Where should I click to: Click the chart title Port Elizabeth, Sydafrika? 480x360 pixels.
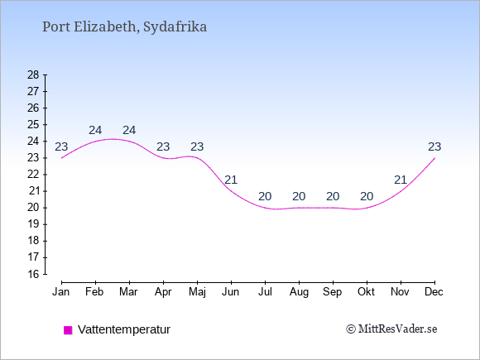(x=125, y=27)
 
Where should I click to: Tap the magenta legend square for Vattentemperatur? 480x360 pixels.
(x=68, y=330)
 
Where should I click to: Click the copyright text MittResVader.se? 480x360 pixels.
(x=391, y=329)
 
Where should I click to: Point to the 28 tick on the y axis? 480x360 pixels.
(x=33, y=74)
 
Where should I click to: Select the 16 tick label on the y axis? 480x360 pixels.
(x=33, y=274)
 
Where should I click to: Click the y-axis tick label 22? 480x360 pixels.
(x=33, y=175)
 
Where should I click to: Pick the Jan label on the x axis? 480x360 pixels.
(x=61, y=292)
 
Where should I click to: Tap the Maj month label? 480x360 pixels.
(x=197, y=292)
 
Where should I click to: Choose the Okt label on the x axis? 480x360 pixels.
(x=366, y=292)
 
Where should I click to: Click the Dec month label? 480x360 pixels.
(x=434, y=292)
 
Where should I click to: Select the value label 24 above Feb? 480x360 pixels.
(x=95, y=131)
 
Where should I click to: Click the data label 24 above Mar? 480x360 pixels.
(x=129, y=131)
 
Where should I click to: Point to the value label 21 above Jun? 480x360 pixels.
(x=231, y=180)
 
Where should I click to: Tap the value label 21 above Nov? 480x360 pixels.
(x=401, y=180)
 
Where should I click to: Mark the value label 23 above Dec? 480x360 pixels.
(x=434, y=147)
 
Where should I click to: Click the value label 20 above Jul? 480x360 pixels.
(x=265, y=196)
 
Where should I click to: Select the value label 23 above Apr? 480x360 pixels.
(x=163, y=147)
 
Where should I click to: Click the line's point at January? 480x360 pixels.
(x=61, y=158)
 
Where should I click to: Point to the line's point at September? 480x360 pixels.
(x=333, y=208)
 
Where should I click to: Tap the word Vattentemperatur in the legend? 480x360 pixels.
(x=124, y=329)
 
